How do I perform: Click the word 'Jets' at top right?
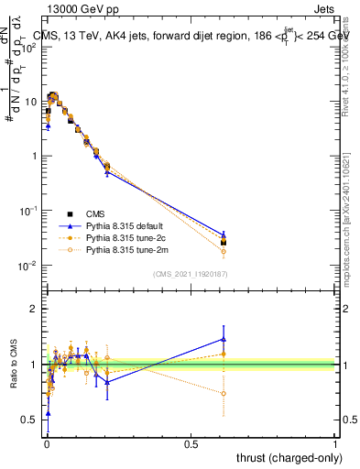pyautogui.click(x=326, y=8)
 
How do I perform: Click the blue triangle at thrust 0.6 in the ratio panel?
pyautogui.click(x=224, y=339)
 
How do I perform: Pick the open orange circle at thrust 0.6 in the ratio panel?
pyautogui.click(x=224, y=394)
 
